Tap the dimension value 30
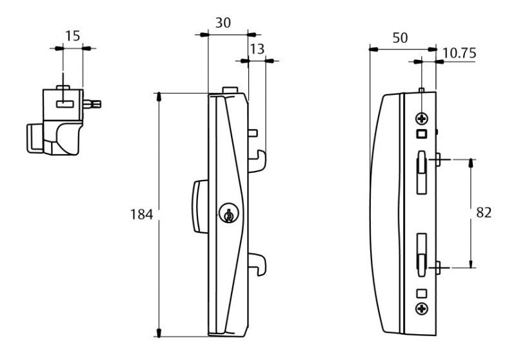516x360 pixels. [223, 22]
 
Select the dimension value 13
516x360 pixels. [257, 48]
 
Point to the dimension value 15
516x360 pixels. [73, 35]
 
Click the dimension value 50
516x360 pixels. [400, 37]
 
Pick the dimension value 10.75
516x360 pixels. [460, 54]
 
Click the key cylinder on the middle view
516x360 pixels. [228, 214]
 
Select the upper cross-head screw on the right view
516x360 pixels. [421, 119]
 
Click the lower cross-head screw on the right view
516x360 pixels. [422, 309]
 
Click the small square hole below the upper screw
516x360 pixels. [422, 134]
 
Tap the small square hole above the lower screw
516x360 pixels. [422, 294]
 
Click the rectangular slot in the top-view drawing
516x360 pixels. [63, 103]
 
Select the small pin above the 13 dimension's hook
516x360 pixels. [253, 133]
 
